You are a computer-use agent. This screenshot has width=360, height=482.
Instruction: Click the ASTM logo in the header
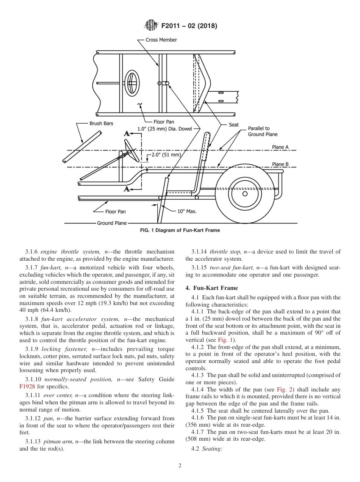point(151,26)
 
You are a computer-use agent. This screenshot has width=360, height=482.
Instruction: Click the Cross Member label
point(161,40)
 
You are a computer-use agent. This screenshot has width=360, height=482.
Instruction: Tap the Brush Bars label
point(101,124)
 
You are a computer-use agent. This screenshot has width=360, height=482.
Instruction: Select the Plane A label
point(280,147)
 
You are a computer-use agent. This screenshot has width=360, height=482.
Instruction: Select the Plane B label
point(280,164)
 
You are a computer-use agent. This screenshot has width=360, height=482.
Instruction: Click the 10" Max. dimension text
point(187,211)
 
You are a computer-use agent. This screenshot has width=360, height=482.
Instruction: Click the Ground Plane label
point(112,223)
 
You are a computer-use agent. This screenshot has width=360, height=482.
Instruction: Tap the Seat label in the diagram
point(234,125)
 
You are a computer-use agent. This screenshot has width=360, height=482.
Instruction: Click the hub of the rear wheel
point(245,194)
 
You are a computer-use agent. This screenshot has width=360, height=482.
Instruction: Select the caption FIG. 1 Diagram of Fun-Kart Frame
point(180,230)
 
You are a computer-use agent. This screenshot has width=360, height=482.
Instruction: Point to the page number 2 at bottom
point(180,466)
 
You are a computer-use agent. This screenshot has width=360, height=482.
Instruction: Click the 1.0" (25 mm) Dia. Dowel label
point(164,129)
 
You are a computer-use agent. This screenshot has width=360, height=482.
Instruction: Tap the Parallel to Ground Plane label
point(263,131)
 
